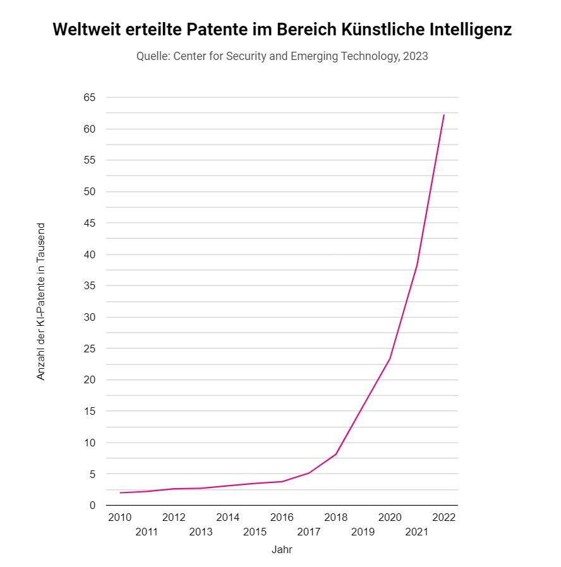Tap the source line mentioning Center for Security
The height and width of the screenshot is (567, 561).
tap(282, 56)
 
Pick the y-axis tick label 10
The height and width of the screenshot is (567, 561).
tap(89, 443)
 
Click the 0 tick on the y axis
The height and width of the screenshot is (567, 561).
tap(92, 505)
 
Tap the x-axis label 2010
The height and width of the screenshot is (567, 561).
tap(119, 517)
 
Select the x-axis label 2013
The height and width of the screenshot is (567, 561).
tap(201, 532)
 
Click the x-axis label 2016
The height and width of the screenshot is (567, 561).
tap(282, 517)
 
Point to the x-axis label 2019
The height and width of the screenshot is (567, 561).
tap(363, 532)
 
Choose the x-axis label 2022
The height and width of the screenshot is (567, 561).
tap(443, 517)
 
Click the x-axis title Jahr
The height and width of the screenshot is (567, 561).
tap(282, 549)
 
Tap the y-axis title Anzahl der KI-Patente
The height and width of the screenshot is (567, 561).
tap(41, 301)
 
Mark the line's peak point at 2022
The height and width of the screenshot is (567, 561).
tap(443, 115)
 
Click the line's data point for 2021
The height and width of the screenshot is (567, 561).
tap(417, 265)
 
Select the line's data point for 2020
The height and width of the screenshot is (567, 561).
tap(390, 359)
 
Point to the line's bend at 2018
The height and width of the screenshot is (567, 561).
tap(335, 454)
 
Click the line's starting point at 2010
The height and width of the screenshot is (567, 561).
tap(119, 492)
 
